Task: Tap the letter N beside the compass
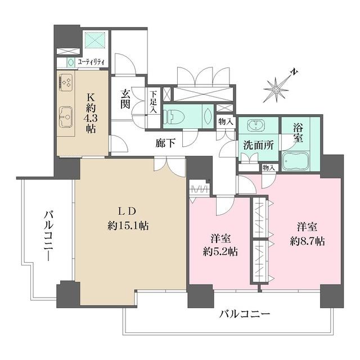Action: (294, 72)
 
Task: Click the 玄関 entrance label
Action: (125, 100)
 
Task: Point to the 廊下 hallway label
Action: (165, 143)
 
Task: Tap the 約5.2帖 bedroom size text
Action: (220, 251)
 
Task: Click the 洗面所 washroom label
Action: (258, 144)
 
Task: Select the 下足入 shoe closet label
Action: (153, 103)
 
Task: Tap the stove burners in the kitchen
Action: (65, 83)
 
